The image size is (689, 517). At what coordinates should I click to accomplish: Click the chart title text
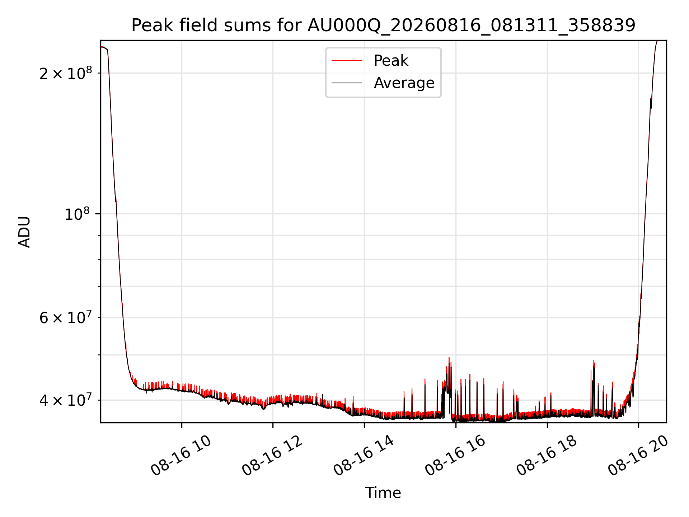[x=383, y=25]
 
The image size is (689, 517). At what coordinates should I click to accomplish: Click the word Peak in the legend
[x=391, y=61]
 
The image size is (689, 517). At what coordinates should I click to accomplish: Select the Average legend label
[x=404, y=83]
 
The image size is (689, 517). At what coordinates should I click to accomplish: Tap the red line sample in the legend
[x=347, y=61]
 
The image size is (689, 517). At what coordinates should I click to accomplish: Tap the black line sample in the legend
[x=347, y=83]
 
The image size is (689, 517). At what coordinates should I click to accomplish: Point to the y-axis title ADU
[x=24, y=232]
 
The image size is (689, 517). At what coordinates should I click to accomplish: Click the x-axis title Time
[x=383, y=493]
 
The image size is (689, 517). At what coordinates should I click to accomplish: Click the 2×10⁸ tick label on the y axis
[x=66, y=73]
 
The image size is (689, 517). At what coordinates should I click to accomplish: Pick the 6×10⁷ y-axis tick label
[x=66, y=318]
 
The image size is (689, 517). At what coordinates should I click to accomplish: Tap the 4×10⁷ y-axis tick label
[x=66, y=400]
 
